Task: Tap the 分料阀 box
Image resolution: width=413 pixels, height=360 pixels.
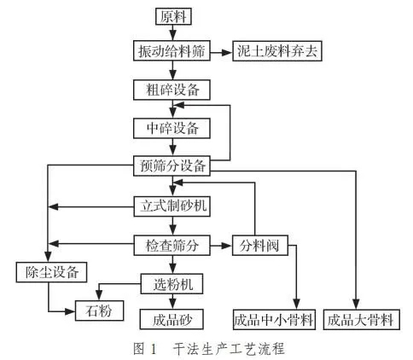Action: coord(259,246)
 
